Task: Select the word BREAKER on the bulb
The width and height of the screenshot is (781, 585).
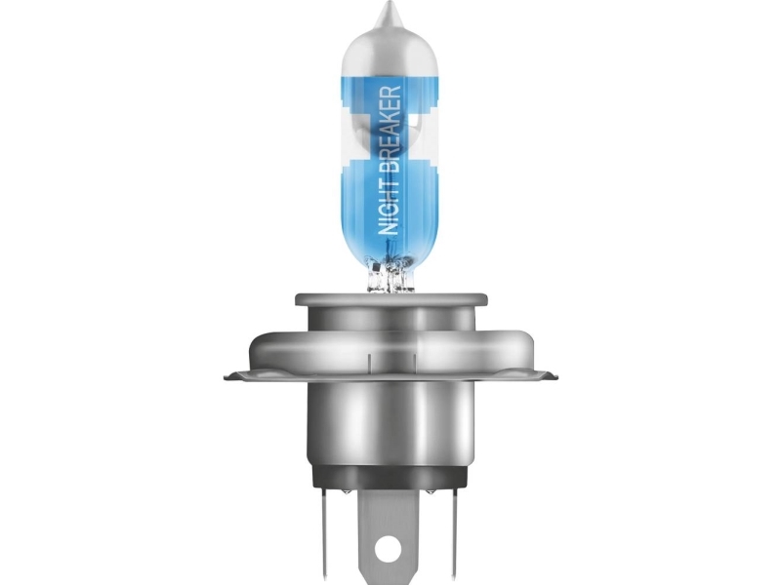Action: [389, 131]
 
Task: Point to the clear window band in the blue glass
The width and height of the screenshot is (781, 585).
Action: [389, 135]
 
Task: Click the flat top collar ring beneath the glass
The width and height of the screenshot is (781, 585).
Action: [391, 299]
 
